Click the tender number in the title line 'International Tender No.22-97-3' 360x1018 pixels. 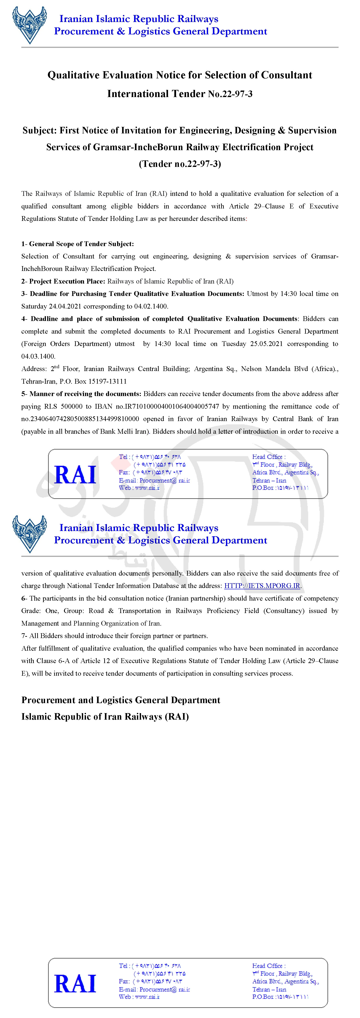(x=230, y=94)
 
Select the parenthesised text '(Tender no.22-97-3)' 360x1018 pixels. (x=180, y=164)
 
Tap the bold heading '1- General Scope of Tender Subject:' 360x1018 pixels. (x=77, y=244)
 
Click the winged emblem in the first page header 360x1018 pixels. (x=30, y=25)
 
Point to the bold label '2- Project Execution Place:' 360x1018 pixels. (x=63, y=281)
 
